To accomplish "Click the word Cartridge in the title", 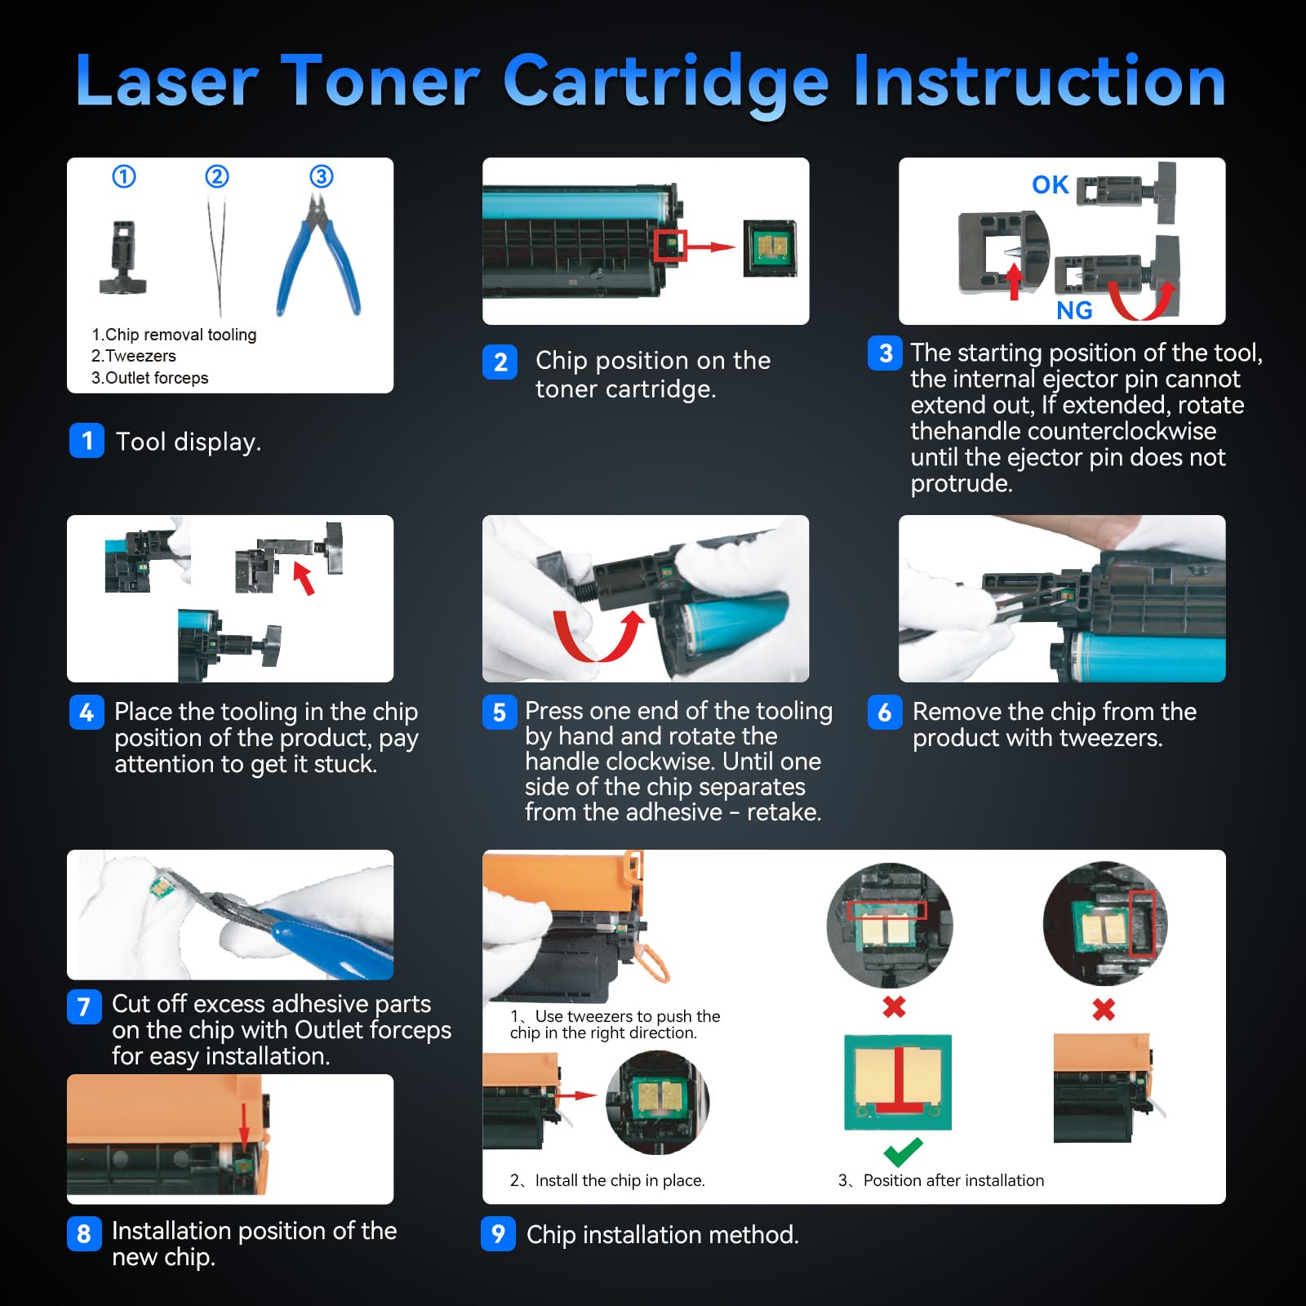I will (666, 82).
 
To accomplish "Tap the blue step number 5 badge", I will (500, 713).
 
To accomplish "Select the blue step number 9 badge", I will (498, 1233).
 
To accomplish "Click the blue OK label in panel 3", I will (1050, 185).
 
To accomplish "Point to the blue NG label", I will (1073, 310).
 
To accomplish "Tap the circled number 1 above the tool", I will (124, 176).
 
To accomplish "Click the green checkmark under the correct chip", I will (903, 1152).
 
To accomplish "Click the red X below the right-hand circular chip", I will (1104, 1010).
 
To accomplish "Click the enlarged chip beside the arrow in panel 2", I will (770, 248).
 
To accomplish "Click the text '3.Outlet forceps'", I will (150, 378).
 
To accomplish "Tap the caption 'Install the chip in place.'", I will (620, 1180).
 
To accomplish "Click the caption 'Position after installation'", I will (953, 1180).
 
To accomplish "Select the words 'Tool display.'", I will (189, 442).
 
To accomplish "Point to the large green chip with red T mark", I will (897, 1082).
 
